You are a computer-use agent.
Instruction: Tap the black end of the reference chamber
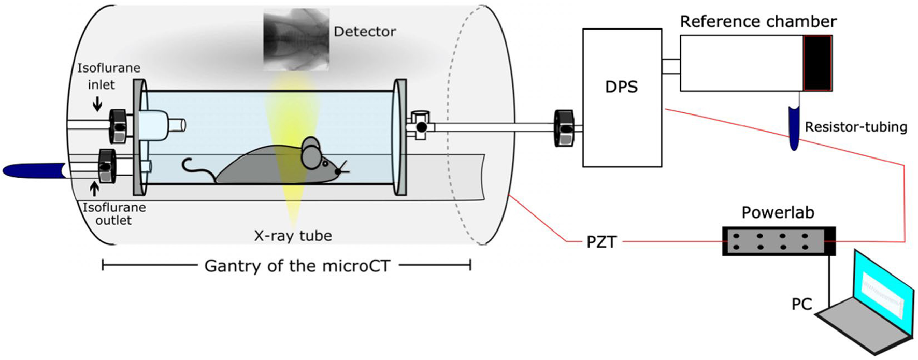click(817, 63)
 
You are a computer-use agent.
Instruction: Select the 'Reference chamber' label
click(758, 22)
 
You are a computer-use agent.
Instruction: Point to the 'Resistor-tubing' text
click(856, 127)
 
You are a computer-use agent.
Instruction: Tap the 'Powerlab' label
click(778, 212)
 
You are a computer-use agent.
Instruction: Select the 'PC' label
click(801, 304)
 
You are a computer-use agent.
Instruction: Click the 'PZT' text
click(601, 242)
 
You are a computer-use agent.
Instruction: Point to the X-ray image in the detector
click(295, 39)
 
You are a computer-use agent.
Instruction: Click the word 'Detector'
click(365, 32)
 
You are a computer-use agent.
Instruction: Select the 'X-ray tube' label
click(293, 236)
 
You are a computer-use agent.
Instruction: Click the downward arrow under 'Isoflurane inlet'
click(97, 105)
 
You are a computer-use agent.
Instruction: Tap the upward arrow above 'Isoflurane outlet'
click(94, 189)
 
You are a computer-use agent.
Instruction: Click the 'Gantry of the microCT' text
click(297, 266)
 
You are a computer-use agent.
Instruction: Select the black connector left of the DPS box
click(564, 127)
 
